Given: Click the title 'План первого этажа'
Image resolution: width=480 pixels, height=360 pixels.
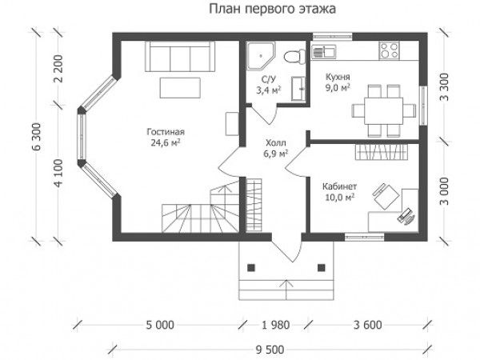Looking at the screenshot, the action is click(x=272, y=9).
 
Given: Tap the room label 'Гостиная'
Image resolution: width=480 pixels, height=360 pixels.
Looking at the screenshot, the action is click(x=166, y=132).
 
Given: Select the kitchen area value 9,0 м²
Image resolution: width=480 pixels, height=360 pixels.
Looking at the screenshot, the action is click(x=338, y=88).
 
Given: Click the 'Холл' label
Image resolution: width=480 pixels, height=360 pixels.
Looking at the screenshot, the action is click(x=276, y=143).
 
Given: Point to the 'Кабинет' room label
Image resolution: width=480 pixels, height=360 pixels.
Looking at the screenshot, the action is click(x=339, y=186).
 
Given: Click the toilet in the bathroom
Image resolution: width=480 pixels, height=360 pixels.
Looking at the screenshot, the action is click(x=294, y=56).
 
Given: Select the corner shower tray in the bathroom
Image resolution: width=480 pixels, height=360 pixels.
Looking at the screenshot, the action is click(x=261, y=56).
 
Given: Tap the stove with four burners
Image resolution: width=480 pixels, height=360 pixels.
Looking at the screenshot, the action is click(x=390, y=50).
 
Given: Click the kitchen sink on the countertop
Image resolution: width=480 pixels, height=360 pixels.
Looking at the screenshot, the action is click(x=323, y=51).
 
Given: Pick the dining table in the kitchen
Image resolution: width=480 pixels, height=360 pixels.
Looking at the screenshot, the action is click(x=383, y=110).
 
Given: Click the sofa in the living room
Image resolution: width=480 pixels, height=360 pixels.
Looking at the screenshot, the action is click(x=180, y=57).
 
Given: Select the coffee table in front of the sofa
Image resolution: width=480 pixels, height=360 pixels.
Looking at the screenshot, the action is click(x=180, y=88).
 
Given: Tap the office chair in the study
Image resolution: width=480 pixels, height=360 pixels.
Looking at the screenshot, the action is click(x=386, y=196).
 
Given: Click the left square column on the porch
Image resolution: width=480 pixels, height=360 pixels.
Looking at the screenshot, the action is click(x=251, y=268).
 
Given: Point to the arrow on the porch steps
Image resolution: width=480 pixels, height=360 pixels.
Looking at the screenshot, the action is click(x=286, y=290).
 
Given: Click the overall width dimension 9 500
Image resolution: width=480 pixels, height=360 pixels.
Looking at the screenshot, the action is click(x=270, y=350).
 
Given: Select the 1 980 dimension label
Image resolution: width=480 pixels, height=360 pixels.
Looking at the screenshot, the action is click(x=276, y=325).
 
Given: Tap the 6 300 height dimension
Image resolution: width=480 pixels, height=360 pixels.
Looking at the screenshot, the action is click(x=37, y=137).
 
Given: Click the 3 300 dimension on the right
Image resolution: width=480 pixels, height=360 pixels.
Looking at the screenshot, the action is click(x=444, y=87).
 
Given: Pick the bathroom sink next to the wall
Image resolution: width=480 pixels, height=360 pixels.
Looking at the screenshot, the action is click(x=298, y=89).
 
